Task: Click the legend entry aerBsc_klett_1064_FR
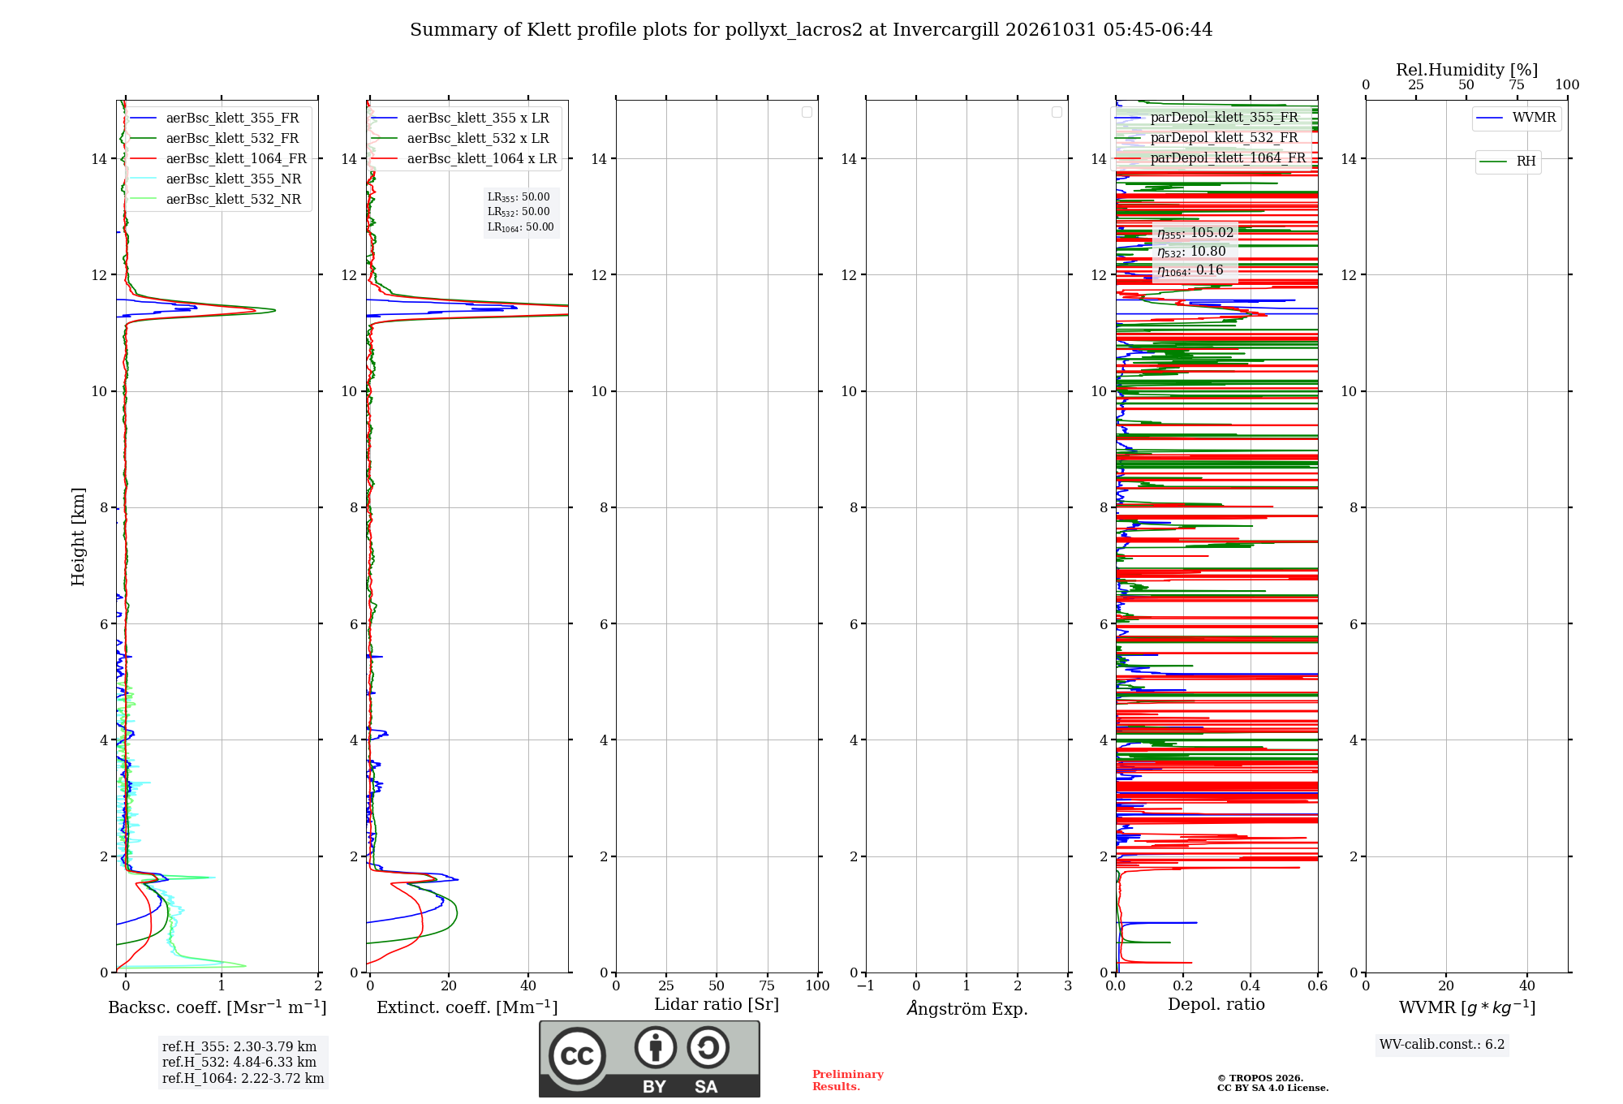click(x=218, y=159)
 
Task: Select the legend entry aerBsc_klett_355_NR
click(x=216, y=179)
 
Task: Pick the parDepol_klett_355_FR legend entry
click(x=1208, y=118)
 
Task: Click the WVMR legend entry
click(x=1517, y=118)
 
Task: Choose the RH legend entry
click(x=1509, y=162)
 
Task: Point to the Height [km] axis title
click(x=78, y=537)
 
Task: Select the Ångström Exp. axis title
click(x=967, y=1008)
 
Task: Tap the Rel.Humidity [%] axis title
click(x=1467, y=70)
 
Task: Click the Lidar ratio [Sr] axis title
click(x=717, y=1005)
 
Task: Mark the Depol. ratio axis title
click(x=1216, y=1004)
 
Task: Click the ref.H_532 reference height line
click(x=239, y=1063)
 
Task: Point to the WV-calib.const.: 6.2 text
click(x=1442, y=1045)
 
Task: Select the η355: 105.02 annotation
click(x=1195, y=233)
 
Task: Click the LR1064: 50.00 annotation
click(x=521, y=227)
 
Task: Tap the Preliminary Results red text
click(x=848, y=1080)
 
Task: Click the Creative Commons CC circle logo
click(x=577, y=1056)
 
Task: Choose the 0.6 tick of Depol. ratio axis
click(x=1318, y=986)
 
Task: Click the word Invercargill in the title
click(x=946, y=30)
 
